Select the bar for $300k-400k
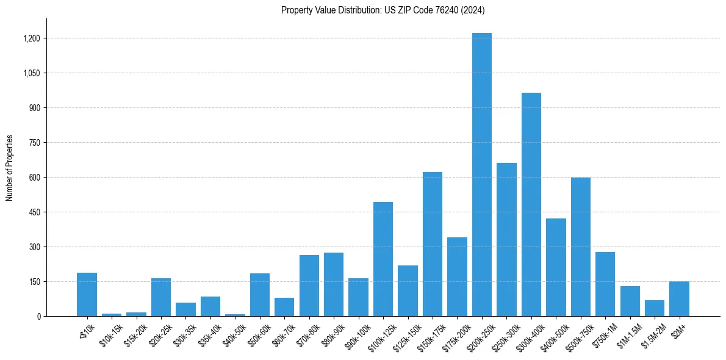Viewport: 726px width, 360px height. [531, 204]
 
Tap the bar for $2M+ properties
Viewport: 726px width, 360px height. [679, 299]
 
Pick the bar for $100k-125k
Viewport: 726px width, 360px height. [383, 259]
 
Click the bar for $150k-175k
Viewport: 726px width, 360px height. [432, 244]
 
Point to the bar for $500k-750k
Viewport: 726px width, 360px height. [580, 247]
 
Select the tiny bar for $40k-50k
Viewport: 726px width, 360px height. [235, 315]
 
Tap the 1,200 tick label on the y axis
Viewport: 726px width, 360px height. [31, 38]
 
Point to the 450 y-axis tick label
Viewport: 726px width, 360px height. [34, 212]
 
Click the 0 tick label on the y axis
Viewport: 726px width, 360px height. [38, 317]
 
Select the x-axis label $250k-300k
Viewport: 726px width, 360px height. [503, 335]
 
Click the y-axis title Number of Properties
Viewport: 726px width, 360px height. [10, 168]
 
